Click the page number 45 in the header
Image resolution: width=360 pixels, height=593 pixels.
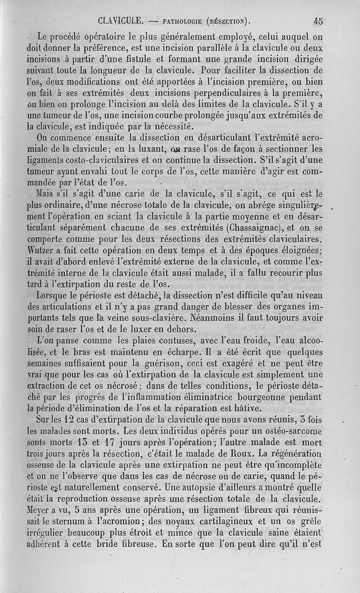pos(318,20)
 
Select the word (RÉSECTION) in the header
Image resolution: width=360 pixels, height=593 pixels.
pos(228,21)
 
